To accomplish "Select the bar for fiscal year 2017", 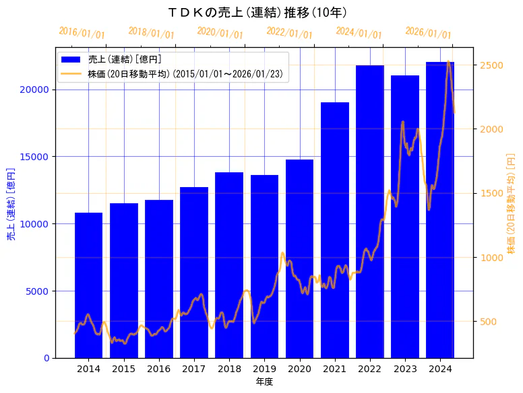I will pos(194,272).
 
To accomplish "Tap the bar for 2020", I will pos(299,258).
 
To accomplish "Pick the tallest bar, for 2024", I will pos(440,209).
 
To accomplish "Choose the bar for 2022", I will pos(370,211).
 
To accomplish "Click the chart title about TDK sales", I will pos(257,13).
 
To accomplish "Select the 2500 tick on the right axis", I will pos(491,65).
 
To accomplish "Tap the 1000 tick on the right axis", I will pos(491,258).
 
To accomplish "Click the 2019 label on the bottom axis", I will pos(264,369).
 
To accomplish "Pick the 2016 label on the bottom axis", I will pos(159,369).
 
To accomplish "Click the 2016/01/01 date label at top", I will pos(82,33).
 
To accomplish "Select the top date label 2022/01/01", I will pos(290,33).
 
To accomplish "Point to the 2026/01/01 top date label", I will pos(429,33).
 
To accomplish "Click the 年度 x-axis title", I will pos(264,382).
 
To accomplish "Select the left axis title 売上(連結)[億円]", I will pos(11,203).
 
